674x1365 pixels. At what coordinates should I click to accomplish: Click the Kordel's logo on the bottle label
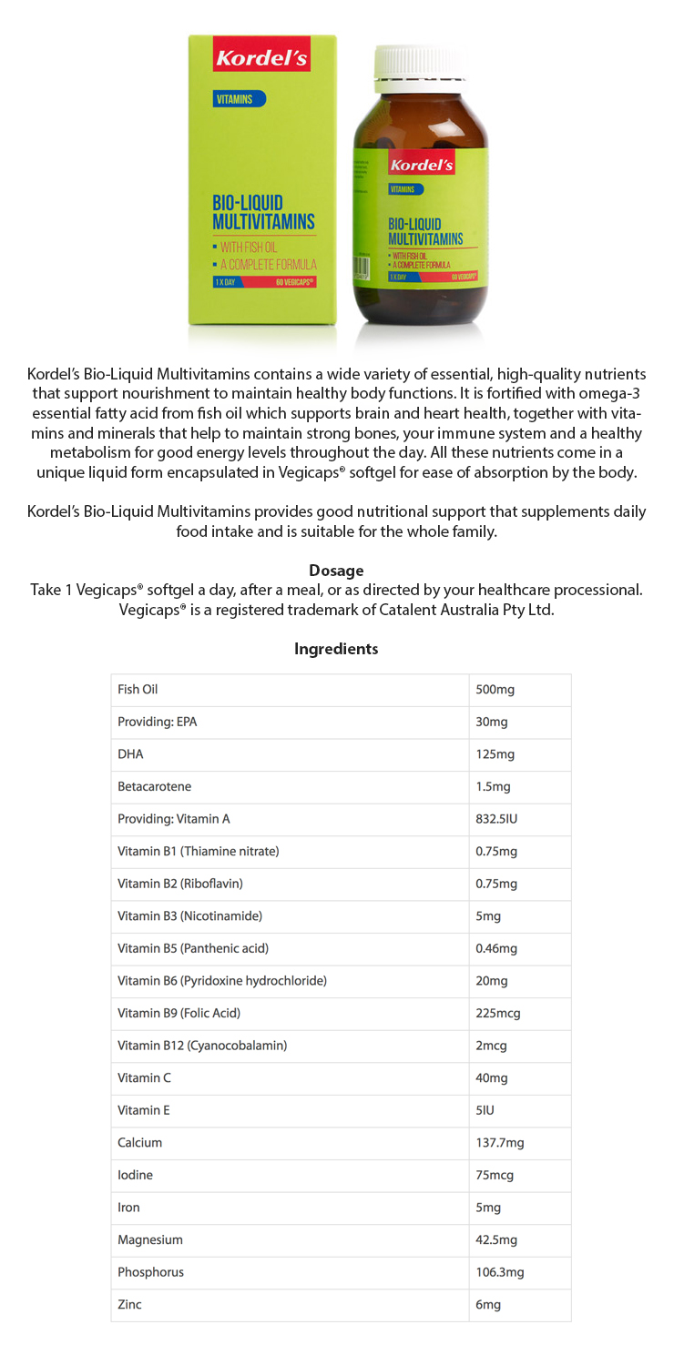(x=421, y=166)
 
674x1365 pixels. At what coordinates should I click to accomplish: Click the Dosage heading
(x=336, y=571)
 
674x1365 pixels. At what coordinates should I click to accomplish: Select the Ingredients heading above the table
(x=336, y=649)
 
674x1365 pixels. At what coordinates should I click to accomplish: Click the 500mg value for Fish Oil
(x=495, y=690)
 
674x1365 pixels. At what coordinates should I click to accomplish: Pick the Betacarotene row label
(x=154, y=786)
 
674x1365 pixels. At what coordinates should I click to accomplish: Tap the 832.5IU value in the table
(x=496, y=819)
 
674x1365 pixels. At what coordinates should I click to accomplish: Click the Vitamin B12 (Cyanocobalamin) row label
(x=202, y=1046)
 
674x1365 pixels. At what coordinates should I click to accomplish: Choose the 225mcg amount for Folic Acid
(x=497, y=1013)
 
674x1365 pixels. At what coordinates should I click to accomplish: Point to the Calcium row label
(x=139, y=1142)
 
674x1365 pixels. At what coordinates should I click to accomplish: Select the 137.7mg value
(x=499, y=1142)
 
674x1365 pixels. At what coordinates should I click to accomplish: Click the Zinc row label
(x=129, y=1304)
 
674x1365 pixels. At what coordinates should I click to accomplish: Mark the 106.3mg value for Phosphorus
(x=499, y=1272)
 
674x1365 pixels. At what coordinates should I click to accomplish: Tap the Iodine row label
(x=135, y=1175)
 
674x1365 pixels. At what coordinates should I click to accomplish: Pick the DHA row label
(x=130, y=754)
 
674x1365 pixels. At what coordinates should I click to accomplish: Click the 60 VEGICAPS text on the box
(x=294, y=283)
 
